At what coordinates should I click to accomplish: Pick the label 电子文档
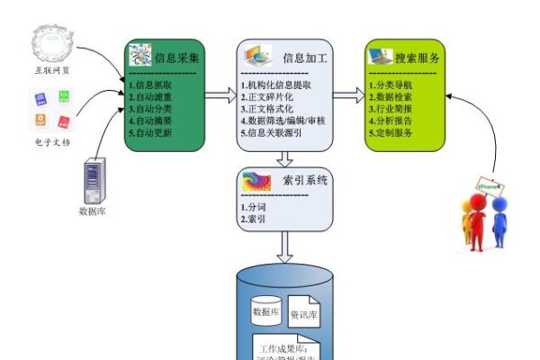(x=53, y=142)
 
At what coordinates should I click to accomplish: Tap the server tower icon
(x=94, y=180)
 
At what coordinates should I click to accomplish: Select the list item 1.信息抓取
(x=151, y=85)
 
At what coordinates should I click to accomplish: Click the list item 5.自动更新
(x=151, y=132)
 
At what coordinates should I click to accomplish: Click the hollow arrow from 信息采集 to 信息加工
(x=220, y=93)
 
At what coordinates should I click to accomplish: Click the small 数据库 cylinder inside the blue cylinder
(x=266, y=311)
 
